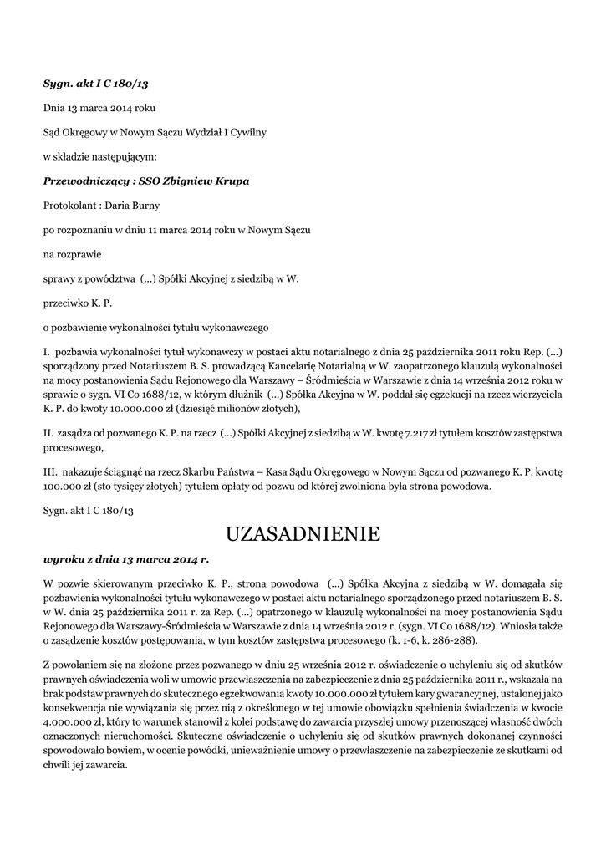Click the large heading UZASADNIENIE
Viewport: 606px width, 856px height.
pyautogui.click(x=303, y=533)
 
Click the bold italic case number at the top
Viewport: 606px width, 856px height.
pyautogui.click(x=95, y=84)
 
